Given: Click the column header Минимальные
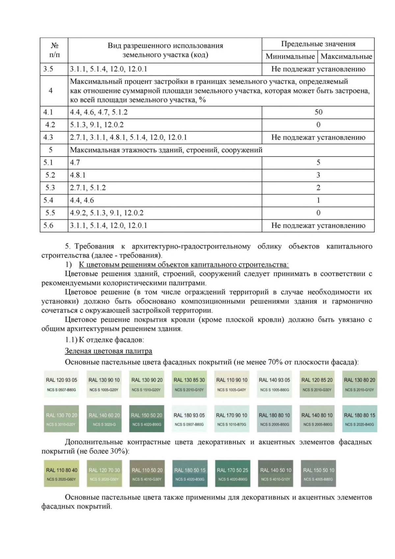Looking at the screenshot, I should (x=290, y=57).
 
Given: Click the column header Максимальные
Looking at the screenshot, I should (x=346, y=57).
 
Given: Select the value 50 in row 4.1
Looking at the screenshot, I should (x=318, y=112).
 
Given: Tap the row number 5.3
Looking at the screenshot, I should (x=50, y=188).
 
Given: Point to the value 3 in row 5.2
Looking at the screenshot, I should (x=318, y=175).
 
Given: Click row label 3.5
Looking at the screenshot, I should (x=48, y=69).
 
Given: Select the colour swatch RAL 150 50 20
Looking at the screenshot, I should (x=146, y=419).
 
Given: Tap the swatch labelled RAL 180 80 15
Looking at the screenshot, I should (x=359, y=419).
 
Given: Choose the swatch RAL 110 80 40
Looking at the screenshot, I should (x=62, y=474).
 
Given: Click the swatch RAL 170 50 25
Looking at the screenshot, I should (x=232, y=474).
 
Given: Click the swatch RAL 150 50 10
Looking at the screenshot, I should (x=318, y=474).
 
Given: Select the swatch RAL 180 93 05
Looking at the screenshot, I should (x=189, y=419).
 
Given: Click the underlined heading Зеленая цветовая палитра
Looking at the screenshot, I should (x=108, y=351).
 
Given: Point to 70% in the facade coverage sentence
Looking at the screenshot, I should (x=275, y=362).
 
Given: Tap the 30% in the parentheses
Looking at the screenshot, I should (x=118, y=451).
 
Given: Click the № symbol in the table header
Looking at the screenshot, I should (x=55, y=46).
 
